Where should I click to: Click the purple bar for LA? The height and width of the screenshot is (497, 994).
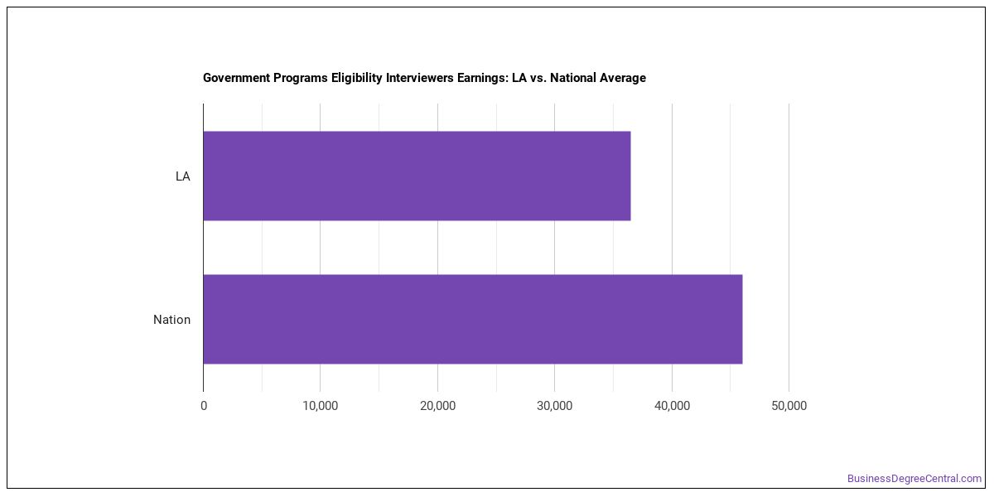coord(417,176)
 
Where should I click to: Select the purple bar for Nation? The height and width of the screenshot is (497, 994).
coord(473,319)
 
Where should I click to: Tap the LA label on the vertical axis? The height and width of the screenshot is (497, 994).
coord(183,176)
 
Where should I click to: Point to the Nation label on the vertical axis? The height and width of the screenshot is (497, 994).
coord(171,320)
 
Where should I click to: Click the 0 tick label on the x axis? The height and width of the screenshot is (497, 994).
coord(204,406)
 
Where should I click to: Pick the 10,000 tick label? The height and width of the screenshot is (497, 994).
coord(321,406)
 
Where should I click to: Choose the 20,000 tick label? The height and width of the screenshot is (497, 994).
coord(437,406)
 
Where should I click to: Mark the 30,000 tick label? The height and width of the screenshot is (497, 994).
coord(555,406)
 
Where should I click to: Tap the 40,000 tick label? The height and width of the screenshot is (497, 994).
coord(673,406)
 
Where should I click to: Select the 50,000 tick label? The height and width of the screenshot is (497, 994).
coord(789,406)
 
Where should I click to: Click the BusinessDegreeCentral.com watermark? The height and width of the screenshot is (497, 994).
coord(914,479)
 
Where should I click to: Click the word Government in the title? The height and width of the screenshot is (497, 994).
coord(237,78)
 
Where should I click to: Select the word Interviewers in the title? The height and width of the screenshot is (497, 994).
coord(420,78)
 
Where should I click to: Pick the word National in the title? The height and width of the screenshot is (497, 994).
coord(573,78)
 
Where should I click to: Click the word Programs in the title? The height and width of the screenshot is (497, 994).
coord(301,79)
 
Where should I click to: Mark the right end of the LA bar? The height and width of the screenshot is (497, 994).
coord(630,176)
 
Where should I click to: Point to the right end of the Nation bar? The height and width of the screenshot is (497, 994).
coord(742,319)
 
